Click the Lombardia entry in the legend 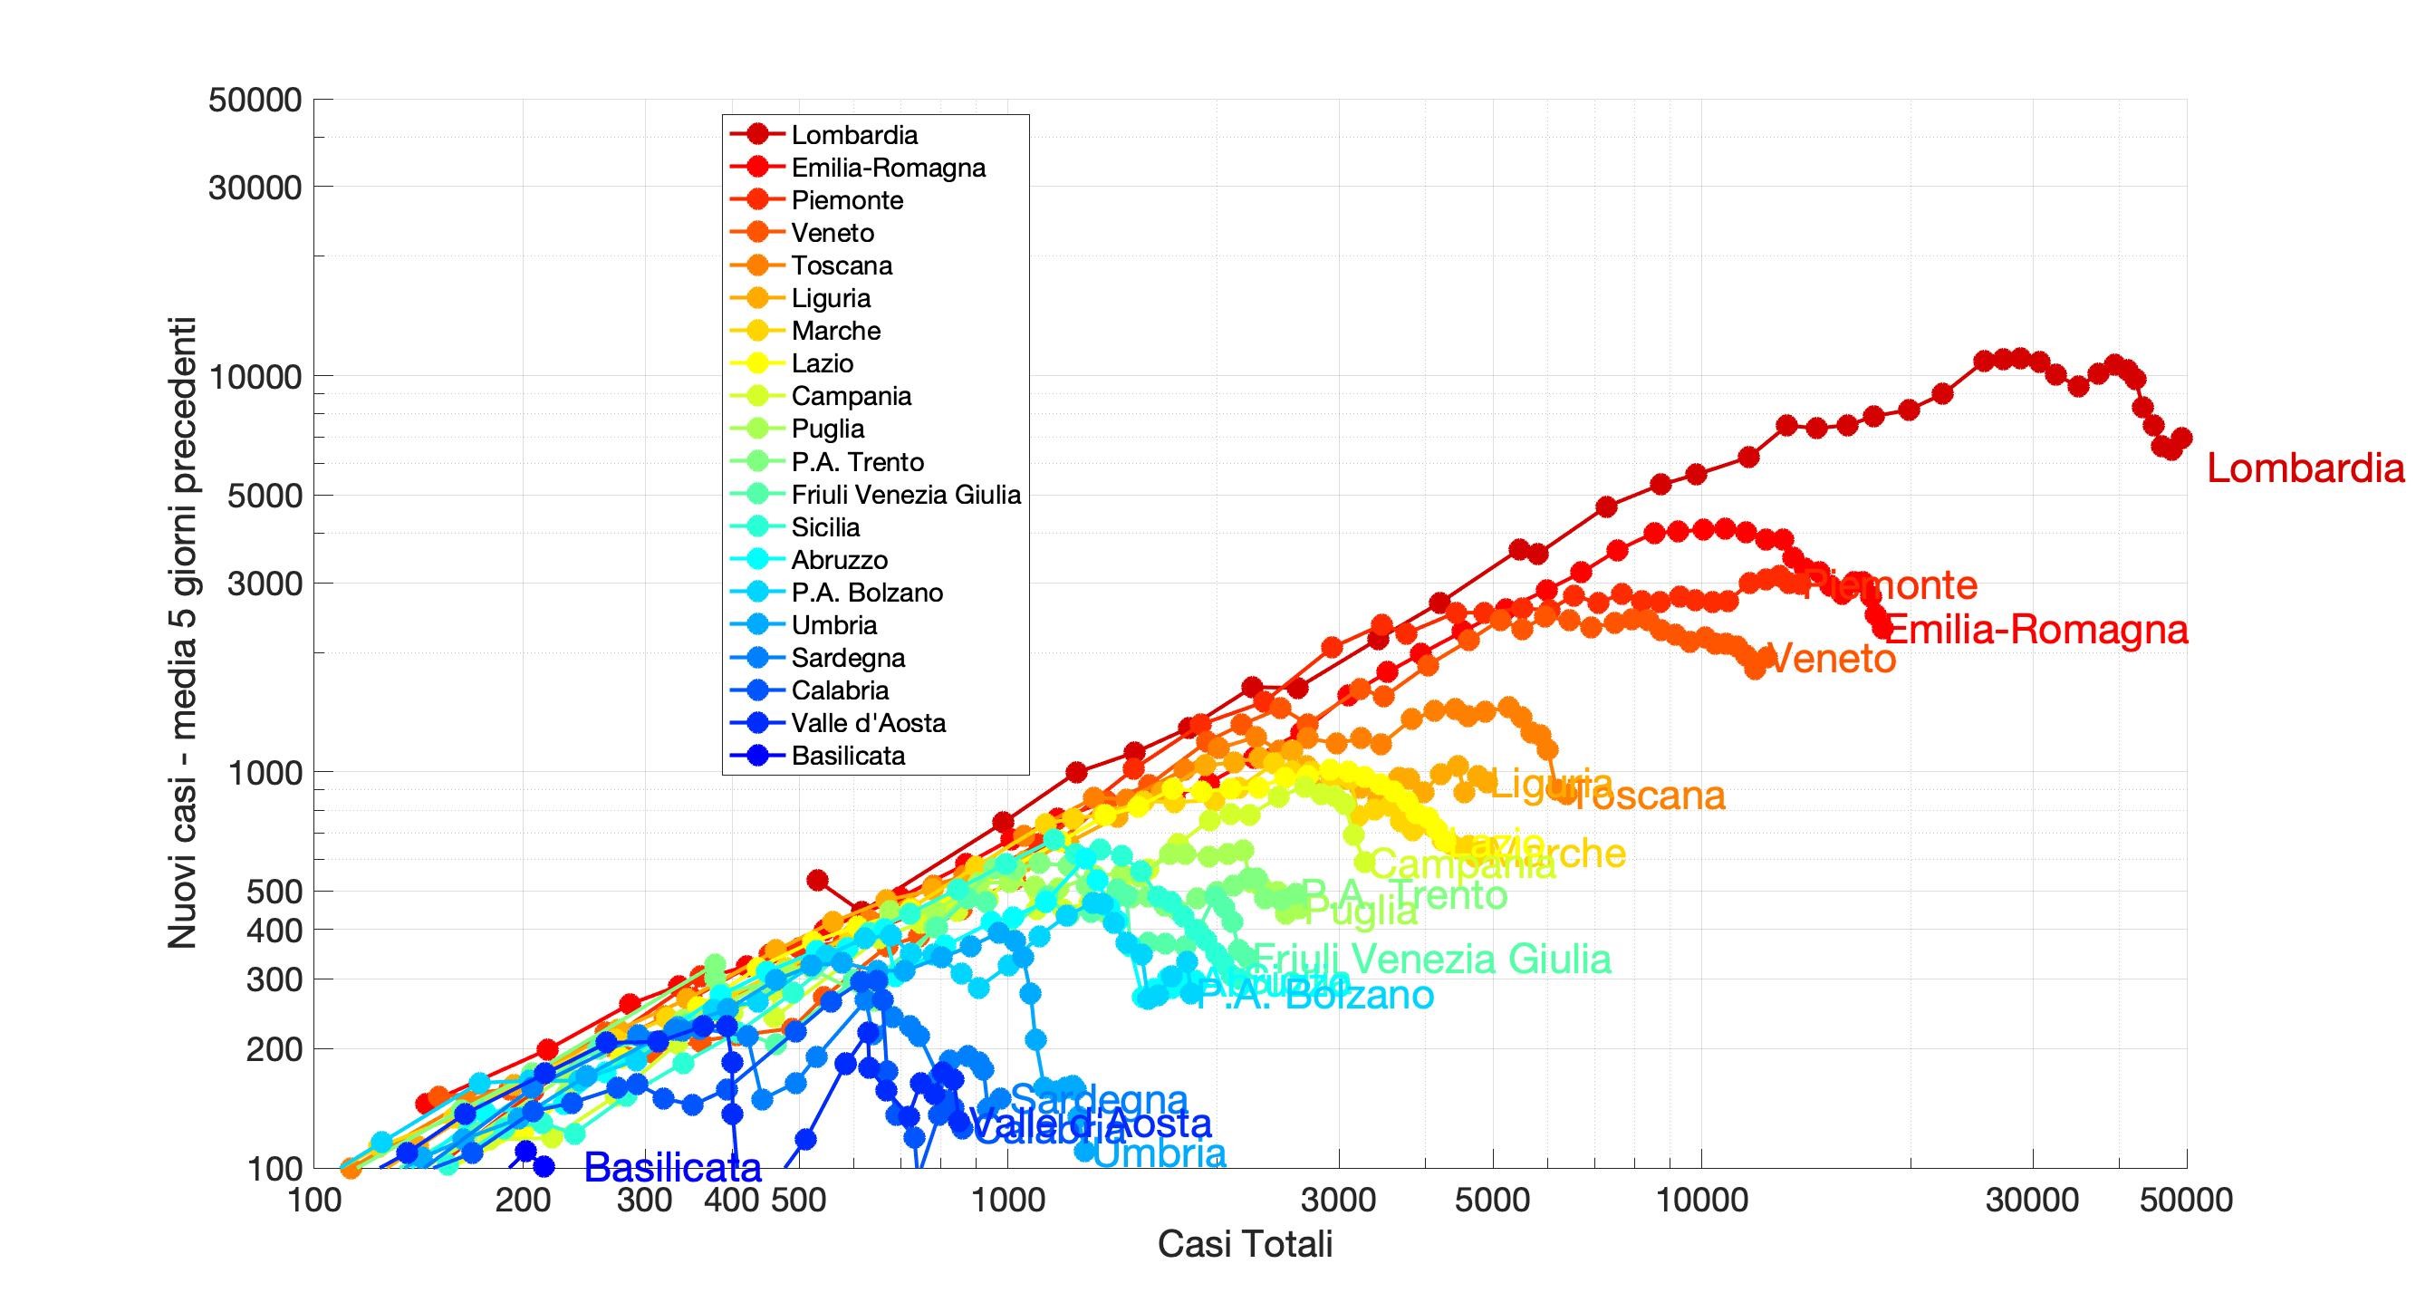tap(853, 135)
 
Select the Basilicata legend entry tap(848, 756)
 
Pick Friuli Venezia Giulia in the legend tap(905, 494)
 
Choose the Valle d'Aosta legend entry tap(868, 723)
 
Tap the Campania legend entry tap(851, 396)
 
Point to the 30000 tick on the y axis tap(255, 188)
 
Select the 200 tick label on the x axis tap(523, 1200)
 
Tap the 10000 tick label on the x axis tap(1701, 1200)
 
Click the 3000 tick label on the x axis tap(1338, 1200)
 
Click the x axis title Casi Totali tap(1245, 1244)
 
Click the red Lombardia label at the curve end tap(2305, 468)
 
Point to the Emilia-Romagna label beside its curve tap(2036, 630)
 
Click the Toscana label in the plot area tap(1647, 796)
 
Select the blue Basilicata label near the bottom tap(672, 1168)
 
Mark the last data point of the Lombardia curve tap(2181, 438)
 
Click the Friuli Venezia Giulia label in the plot tap(1432, 960)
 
